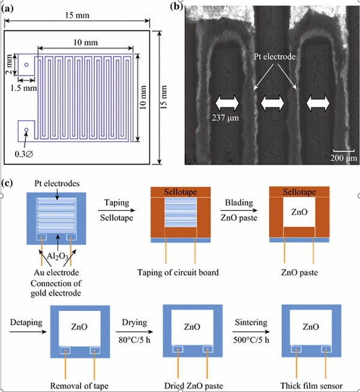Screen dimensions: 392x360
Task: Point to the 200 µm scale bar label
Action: coord(341,158)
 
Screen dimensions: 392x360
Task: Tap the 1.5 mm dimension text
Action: coord(23,88)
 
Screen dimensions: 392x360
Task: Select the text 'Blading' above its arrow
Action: coord(235,205)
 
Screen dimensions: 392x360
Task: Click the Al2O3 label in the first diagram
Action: coord(57,255)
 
